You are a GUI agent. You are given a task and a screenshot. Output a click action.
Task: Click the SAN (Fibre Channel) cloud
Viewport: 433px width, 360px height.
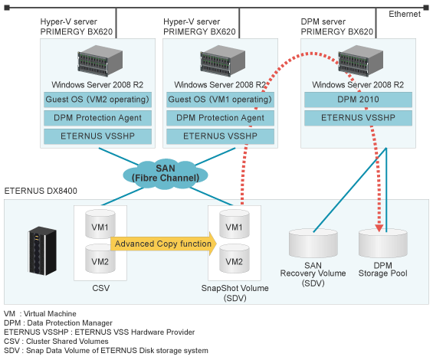[x=162, y=172]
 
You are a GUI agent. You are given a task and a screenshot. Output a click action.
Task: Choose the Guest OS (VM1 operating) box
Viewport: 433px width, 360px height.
[x=215, y=100]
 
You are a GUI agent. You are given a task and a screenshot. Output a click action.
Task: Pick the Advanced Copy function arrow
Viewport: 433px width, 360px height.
[x=162, y=244]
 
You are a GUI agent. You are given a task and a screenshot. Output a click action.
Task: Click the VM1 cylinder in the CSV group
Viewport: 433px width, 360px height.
[x=100, y=227]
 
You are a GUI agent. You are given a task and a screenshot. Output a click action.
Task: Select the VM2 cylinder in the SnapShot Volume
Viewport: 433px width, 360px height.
[x=235, y=261]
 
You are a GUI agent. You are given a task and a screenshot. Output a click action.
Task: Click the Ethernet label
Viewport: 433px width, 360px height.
[x=404, y=15]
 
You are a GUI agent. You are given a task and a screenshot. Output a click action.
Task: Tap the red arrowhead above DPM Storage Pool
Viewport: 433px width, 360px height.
[x=378, y=227]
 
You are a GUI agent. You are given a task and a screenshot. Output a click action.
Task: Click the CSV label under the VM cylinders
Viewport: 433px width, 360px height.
[x=100, y=290]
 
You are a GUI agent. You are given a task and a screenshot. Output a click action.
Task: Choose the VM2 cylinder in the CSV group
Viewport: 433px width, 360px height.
[x=100, y=260]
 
